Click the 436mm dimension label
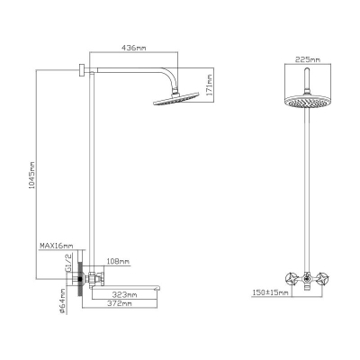coord(133,48)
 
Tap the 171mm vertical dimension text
coord(210,85)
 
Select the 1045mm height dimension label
coord(31,175)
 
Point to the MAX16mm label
coord(57,246)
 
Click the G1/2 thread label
coord(68,263)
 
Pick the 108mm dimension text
coord(118,261)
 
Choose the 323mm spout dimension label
coord(124,294)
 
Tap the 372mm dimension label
coord(120,303)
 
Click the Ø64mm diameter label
coord(62,301)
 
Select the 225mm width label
coord(308,59)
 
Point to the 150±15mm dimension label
coord(270,292)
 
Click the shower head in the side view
coord(176,99)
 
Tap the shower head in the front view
coord(307,102)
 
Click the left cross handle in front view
coord(292,278)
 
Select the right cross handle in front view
coord(323,278)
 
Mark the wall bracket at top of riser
coord(82,70)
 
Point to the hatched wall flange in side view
coord(80,279)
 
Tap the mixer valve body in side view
coord(95,279)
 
